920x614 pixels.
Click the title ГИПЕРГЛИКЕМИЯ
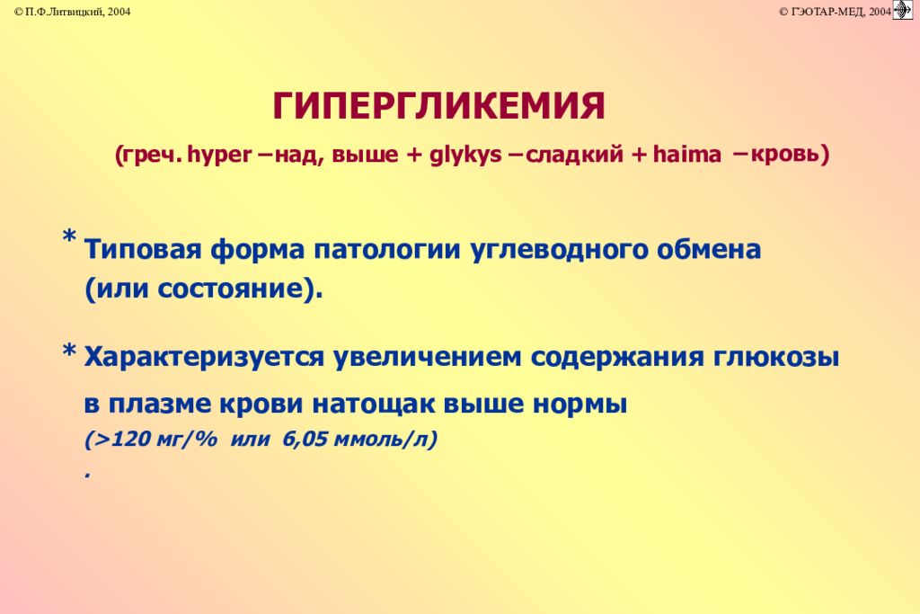[x=438, y=107]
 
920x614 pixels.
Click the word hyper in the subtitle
[x=218, y=155]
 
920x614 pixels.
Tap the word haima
[x=687, y=155]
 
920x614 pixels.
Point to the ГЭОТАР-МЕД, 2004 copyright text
[x=834, y=11]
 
